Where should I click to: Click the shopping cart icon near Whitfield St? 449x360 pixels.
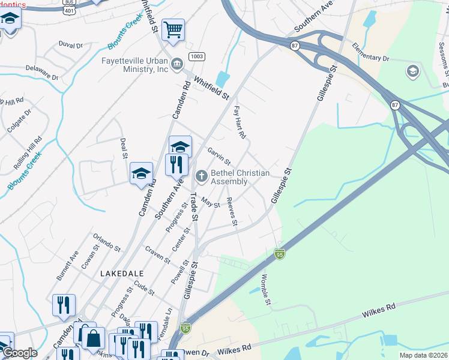point(173,29)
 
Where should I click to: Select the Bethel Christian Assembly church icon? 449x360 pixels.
point(202,176)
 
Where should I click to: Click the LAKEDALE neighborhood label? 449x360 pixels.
point(122,272)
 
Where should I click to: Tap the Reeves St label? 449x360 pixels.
point(232,214)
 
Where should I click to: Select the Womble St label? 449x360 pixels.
point(265,289)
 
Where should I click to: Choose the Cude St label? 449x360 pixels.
point(145,288)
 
